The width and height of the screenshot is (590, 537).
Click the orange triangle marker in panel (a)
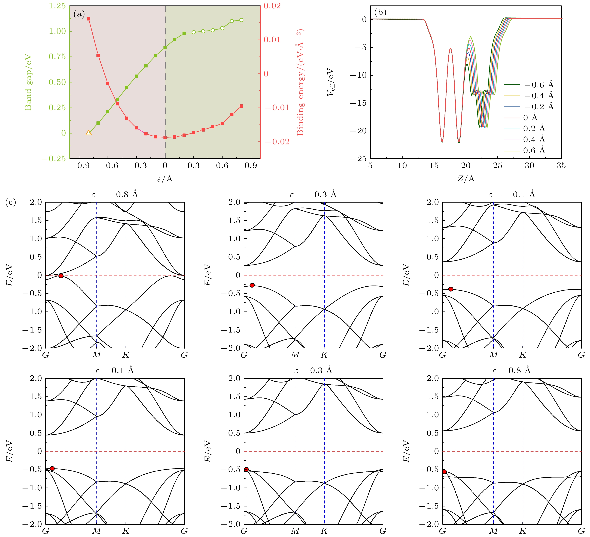pyautogui.click(x=89, y=133)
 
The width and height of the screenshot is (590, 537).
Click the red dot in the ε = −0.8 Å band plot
pyautogui.click(x=61, y=276)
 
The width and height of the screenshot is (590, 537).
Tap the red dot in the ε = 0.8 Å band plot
pyautogui.click(x=444, y=472)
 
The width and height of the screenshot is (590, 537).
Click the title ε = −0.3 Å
pyautogui.click(x=313, y=194)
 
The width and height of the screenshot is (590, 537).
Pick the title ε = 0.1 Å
pyautogui.click(x=115, y=370)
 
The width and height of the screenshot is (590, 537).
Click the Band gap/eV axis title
pyautogui.click(x=28, y=82)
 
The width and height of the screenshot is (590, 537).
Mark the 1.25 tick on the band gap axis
pyautogui.click(x=57, y=6)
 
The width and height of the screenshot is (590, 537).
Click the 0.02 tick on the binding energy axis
pyautogui.click(x=272, y=6)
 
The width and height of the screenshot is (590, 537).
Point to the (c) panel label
pyautogui.click(x=11, y=202)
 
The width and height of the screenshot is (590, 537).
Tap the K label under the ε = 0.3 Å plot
pyautogui.click(x=324, y=531)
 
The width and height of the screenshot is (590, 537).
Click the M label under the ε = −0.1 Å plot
pyautogui.click(x=493, y=355)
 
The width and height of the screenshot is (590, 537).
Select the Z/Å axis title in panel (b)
pyautogui.click(x=466, y=179)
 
